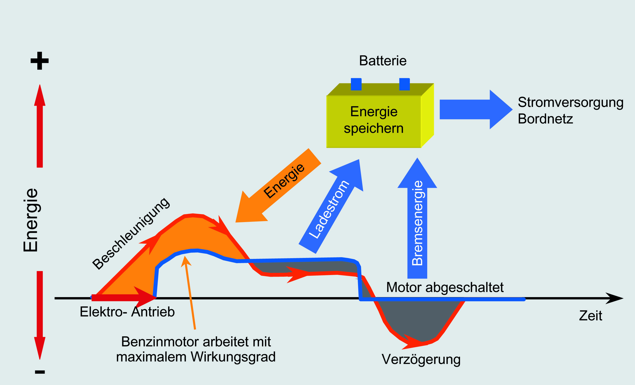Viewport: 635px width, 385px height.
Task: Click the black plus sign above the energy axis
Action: pyautogui.click(x=39, y=61)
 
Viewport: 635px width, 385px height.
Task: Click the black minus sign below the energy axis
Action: pyautogui.click(x=40, y=372)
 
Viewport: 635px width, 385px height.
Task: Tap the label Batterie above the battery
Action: pyautogui.click(x=383, y=61)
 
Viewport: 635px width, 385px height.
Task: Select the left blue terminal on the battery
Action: pyautogui.click(x=356, y=84)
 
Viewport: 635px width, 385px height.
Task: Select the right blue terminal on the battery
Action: pyautogui.click(x=404, y=84)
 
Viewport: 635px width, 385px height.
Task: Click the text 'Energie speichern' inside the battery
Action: pyautogui.click(x=374, y=120)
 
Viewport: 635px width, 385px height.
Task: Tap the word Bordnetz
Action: pyautogui.click(x=545, y=119)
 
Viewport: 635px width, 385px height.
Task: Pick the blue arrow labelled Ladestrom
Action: pyautogui.click(x=332, y=206)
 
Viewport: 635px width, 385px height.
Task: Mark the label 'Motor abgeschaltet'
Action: pyautogui.click(x=445, y=287)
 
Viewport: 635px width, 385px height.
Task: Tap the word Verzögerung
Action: pyautogui.click(x=421, y=359)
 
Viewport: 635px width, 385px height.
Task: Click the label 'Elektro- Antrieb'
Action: pyautogui.click(x=127, y=312)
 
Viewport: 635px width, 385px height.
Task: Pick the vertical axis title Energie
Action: pyautogui.click(x=31, y=220)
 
